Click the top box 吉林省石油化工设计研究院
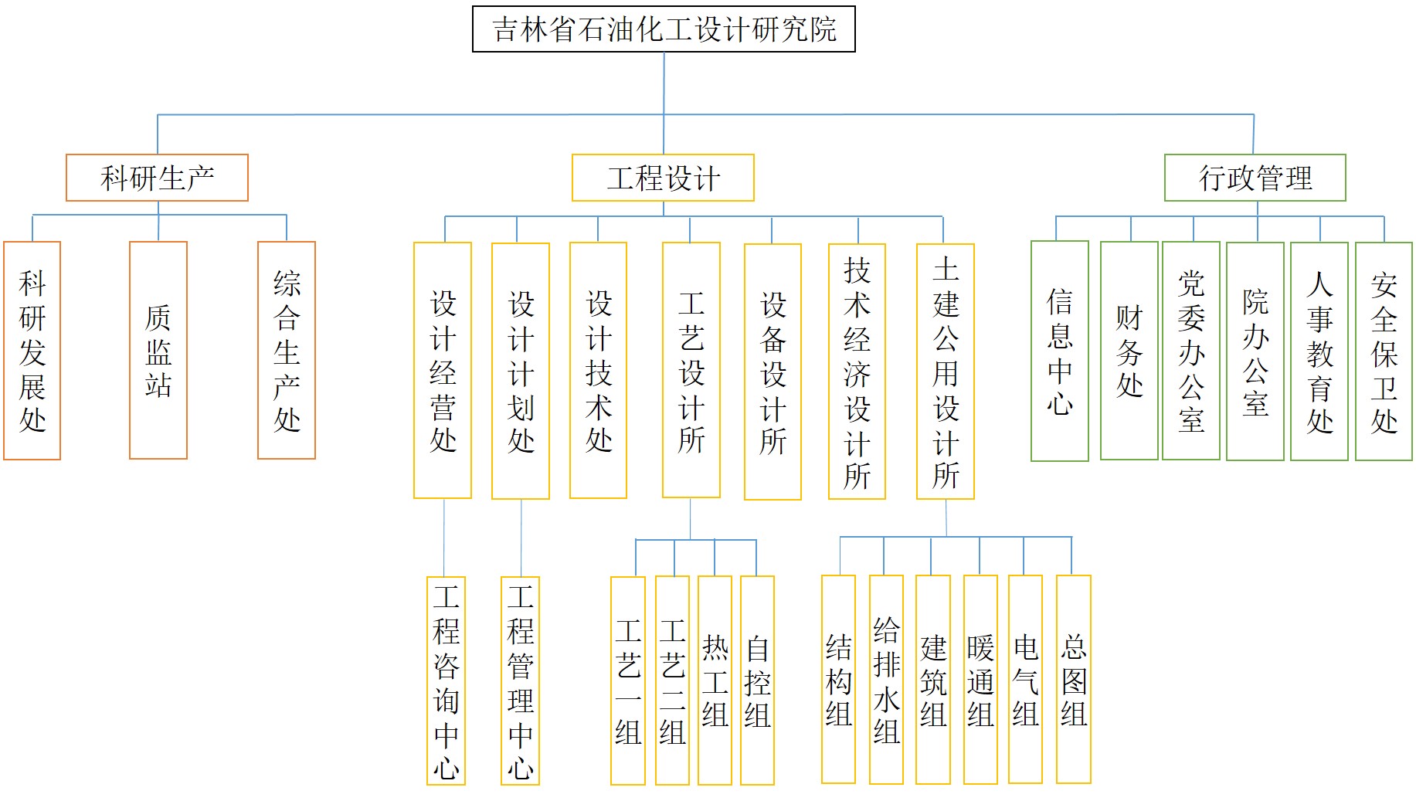click(664, 29)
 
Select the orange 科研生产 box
click(157, 178)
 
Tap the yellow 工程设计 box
click(663, 178)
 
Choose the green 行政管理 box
click(1255, 178)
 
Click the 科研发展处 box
click(32, 351)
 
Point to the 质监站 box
click(158, 350)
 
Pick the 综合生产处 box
click(287, 350)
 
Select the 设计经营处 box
click(443, 371)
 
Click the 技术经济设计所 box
click(857, 372)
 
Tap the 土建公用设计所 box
click(946, 372)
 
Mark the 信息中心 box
click(1060, 351)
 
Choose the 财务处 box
click(1129, 351)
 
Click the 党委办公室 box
click(1191, 351)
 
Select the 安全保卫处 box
click(1384, 351)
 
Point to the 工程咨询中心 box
click(446, 681)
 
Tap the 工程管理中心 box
click(520, 681)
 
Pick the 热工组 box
click(715, 680)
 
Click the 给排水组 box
click(886, 680)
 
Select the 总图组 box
click(1074, 680)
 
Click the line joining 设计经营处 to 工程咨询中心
click(444, 538)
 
